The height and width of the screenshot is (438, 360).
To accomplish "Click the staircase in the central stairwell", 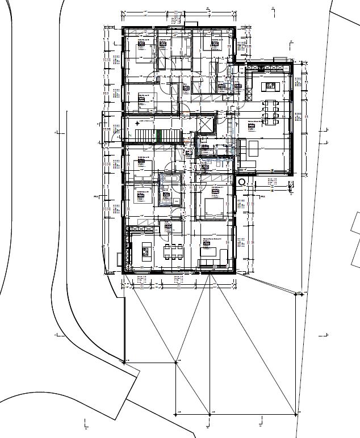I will click(144, 136).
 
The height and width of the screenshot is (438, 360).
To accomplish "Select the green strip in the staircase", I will click(160, 136).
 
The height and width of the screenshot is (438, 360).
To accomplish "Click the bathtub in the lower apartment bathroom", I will click(169, 179).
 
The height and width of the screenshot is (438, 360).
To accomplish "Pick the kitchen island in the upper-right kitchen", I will click(269, 87).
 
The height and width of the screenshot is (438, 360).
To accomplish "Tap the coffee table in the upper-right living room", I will click(253, 149).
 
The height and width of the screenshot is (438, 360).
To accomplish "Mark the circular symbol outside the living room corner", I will click(242, 182).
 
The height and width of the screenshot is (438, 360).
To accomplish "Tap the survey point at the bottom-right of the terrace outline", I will click(296, 415).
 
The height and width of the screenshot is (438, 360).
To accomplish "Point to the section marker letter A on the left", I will click(55, 133).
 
